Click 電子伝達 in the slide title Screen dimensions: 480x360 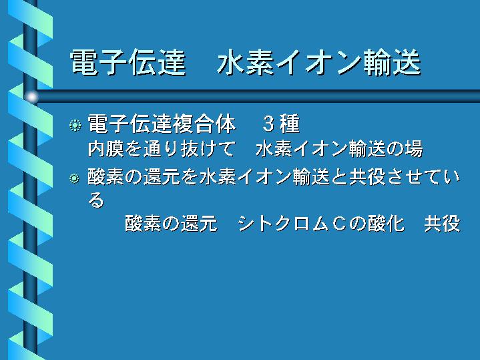(128, 63)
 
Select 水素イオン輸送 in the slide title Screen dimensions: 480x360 (319, 63)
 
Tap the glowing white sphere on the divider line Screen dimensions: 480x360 (31, 97)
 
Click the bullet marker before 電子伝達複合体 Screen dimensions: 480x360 (75, 126)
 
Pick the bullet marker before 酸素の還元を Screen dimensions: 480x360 (74, 178)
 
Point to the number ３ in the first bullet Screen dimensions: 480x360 (268, 124)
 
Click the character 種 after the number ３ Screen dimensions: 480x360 (289, 124)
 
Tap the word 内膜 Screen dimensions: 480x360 (106, 149)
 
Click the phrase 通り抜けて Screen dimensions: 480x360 (189, 149)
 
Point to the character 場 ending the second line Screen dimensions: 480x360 (414, 149)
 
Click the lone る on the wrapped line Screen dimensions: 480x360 (96, 200)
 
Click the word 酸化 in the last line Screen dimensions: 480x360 (387, 223)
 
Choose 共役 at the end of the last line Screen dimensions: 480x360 (443, 223)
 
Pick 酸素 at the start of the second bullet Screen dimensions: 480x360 (106, 177)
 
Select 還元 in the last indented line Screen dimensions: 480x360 (199, 223)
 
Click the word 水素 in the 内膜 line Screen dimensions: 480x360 (273, 149)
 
